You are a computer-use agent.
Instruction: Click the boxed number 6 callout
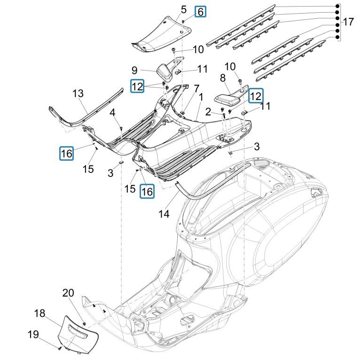coord(200,12)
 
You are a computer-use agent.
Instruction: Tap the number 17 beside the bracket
coord(348,22)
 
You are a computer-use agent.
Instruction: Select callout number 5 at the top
coord(183,9)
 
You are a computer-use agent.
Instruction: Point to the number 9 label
coord(134,70)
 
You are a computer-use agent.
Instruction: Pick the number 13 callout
coord(78,94)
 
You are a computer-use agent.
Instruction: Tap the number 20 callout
coord(68,293)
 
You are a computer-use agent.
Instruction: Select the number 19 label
coord(33,335)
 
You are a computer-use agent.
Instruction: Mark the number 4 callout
coord(112,112)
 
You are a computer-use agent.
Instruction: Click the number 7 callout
coord(183,88)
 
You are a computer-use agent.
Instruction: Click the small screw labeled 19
coord(60,348)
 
